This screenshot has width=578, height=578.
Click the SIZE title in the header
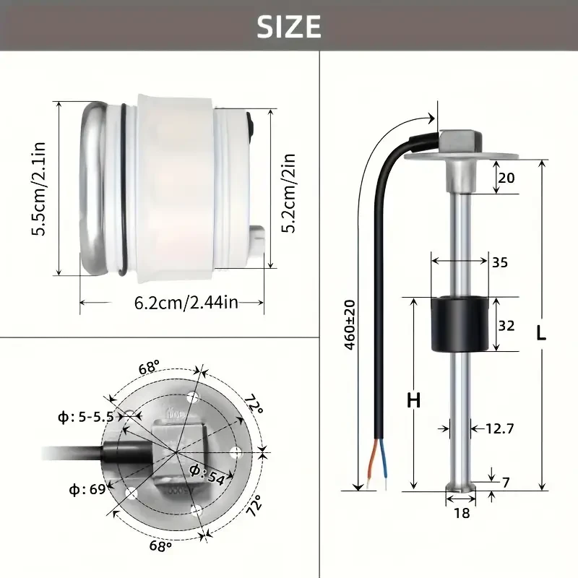click(x=288, y=26)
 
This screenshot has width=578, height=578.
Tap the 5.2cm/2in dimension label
click(x=287, y=191)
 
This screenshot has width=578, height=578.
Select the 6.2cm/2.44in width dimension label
click(x=186, y=302)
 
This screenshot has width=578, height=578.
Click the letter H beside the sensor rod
click(x=413, y=400)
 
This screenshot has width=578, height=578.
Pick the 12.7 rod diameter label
click(x=499, y=428)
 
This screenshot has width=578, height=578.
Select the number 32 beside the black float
click(x=506, y=325)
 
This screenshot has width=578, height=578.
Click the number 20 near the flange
click(x=506, y=178)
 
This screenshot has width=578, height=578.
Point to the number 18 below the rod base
click(x=460, y=514)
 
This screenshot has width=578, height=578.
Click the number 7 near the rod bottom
click(x=505, y=481)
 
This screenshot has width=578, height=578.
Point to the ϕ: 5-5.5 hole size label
click(x=86, y=416)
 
